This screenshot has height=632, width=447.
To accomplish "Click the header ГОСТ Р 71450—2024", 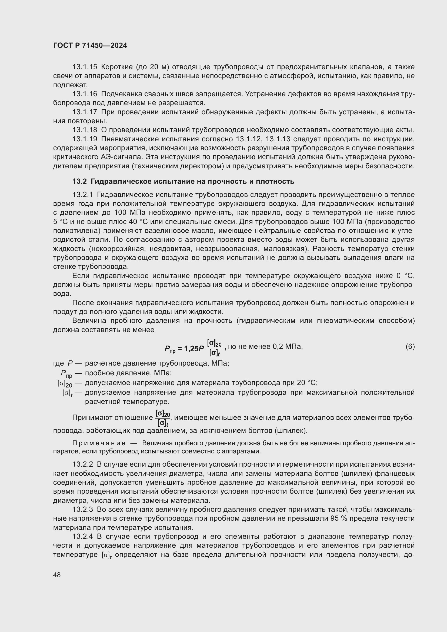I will [x=90, y=46].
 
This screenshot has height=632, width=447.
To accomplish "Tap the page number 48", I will [x=57, y=575].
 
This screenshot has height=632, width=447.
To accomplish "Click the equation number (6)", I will [x=410, y=347].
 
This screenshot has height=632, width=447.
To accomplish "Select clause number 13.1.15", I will [x=85, y=67].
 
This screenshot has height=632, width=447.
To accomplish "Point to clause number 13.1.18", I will [x=85, y=130].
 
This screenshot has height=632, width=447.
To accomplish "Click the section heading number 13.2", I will [x=79, y=181].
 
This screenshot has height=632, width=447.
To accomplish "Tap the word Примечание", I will [x=99, y=443].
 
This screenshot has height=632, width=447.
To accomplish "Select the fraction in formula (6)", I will [x=214, y=348].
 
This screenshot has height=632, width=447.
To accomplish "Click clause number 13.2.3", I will [x=83, y=510].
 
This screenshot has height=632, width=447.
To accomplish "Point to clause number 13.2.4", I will [x=83, y=537].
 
